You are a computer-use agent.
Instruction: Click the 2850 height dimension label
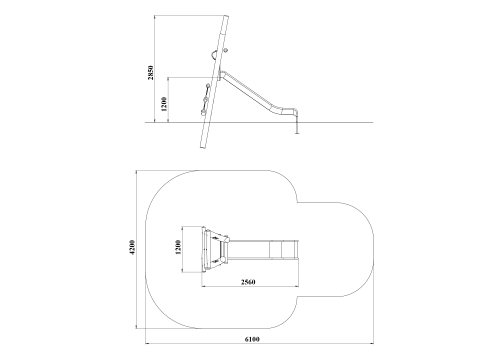click(x=151, y=72)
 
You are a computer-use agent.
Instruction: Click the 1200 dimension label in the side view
click(x=164, y=104)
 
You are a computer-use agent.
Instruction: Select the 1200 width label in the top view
click(x=178, y=247)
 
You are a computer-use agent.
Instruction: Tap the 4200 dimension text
click(x=133, y=247)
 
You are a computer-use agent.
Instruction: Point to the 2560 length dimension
click(x=248, y=282)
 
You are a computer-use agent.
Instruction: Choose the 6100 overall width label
click(x=252, y=339)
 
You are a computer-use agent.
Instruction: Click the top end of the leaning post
click(x=226, y=16)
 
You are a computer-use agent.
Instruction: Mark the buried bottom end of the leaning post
click(x=202, y=148)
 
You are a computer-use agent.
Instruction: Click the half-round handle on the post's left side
click(x=213, y=55)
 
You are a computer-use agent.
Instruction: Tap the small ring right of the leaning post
click(x=226, y=50)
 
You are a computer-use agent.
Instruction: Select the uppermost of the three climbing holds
click(x=208, y=86)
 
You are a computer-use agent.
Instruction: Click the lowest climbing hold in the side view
click(x=203, y=111)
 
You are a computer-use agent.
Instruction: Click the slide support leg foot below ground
click(x=297, y=133)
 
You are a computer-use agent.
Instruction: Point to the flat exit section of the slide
click(x=288, y=111)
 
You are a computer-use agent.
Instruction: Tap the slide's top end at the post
click(x=221, y=73)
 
